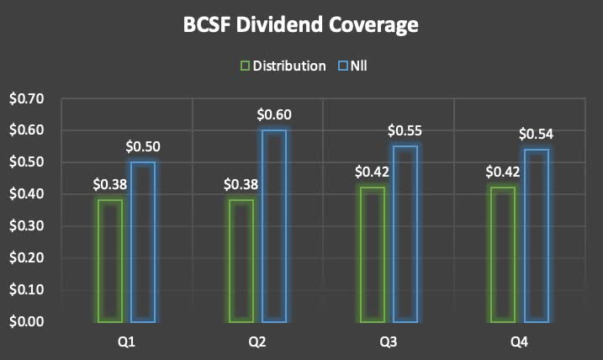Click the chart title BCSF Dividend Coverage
[301, 26]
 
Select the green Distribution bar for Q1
[110, 261]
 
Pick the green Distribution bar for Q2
[241, 261]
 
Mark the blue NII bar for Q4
[537, 236]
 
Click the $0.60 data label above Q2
[274, 114]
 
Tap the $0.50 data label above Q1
[143, 146]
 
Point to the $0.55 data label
[405, 130]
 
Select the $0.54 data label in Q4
[537, 134]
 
